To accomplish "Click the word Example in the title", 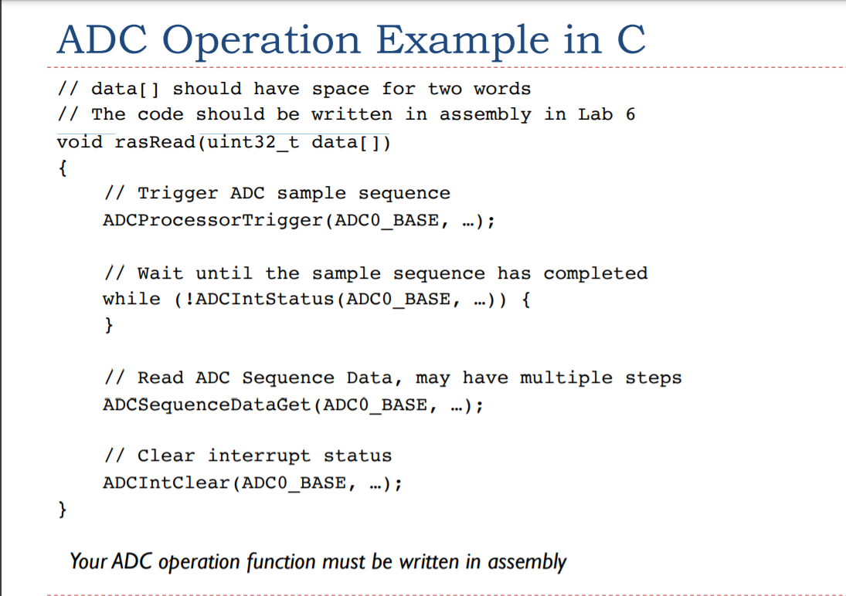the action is (462, 41).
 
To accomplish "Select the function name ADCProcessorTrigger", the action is (213, 221).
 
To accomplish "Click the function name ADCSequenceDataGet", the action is (207, 405).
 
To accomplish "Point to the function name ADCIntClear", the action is (167, 483).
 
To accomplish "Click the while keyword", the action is (131, 299).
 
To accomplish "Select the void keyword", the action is (80, 142).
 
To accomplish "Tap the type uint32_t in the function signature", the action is (253, 142).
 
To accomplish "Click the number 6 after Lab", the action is (630, 114).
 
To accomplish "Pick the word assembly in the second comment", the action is (485, 115).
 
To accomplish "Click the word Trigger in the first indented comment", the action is (178, 194).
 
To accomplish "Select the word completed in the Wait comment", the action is (595, 273).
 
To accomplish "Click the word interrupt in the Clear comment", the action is (259, 456).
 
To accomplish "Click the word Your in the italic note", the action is (89, 561).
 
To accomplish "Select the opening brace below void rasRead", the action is (63, 168).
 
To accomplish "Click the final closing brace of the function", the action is (63, 510).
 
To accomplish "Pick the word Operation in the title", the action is (261, 41).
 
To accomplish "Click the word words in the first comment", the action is (502, 89).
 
